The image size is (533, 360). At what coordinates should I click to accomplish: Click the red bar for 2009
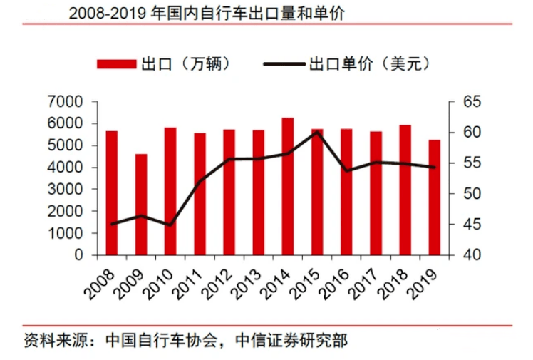pos(141,205)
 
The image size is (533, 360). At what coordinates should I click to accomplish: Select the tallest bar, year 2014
pos(288,186)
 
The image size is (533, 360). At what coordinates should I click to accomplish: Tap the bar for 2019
pos(434,197)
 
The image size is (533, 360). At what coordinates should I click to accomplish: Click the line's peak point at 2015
pos(317,132)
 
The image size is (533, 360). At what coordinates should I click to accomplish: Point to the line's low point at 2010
pos(170,225)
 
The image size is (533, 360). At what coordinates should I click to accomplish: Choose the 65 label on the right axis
pos(465,102)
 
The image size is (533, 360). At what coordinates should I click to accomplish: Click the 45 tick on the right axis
pos(465,225)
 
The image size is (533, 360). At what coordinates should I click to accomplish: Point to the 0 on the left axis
pos(78,255)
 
